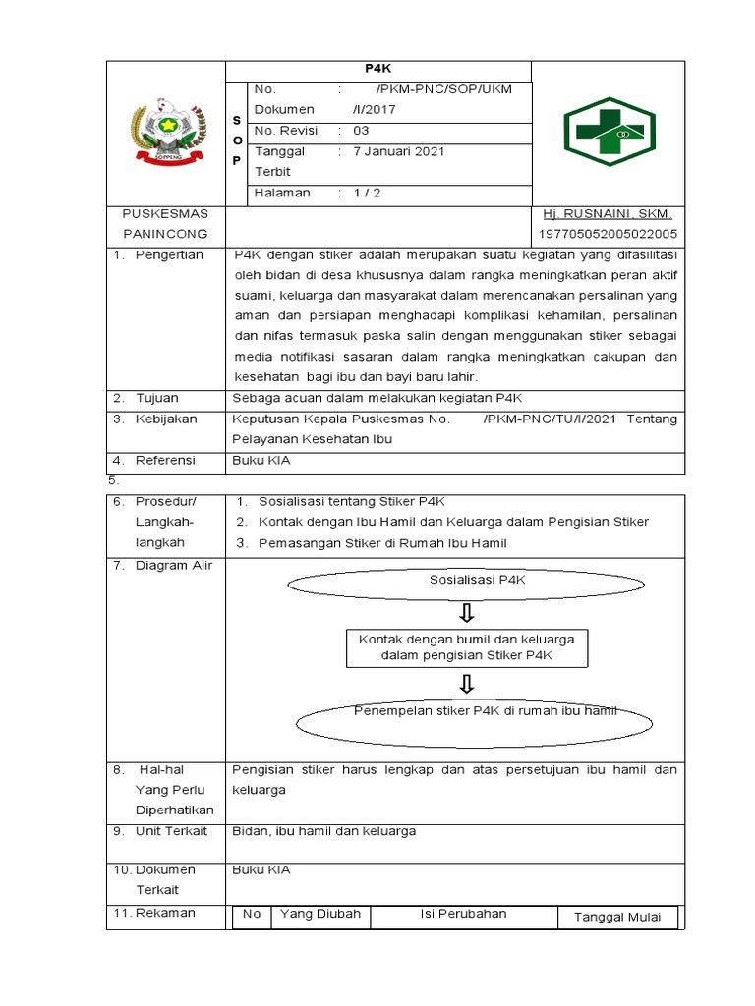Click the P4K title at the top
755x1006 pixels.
(x=378, y=70)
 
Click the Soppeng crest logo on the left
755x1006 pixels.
(x=165, y=132)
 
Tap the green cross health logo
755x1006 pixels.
(x=609, y=132)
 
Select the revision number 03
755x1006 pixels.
(x=361, y=131)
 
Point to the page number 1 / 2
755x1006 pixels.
(x=367, y=193)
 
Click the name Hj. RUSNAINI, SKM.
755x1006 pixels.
(x=608, y=214)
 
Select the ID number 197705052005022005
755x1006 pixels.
(x=608, y=234)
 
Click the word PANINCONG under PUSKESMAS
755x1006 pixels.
(x=165, y=234)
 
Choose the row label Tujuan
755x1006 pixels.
(x=157, y=398)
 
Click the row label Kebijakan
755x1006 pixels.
(x=166, y=419)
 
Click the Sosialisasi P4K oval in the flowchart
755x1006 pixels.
(x=478, y=581)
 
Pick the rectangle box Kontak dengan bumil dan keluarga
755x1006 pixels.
(x=466, y=646)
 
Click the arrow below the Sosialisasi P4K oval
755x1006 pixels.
(x=466, y=613)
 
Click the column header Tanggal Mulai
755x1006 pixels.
(x=616, y=918)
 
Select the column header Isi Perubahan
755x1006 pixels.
(x=463, y=914)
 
